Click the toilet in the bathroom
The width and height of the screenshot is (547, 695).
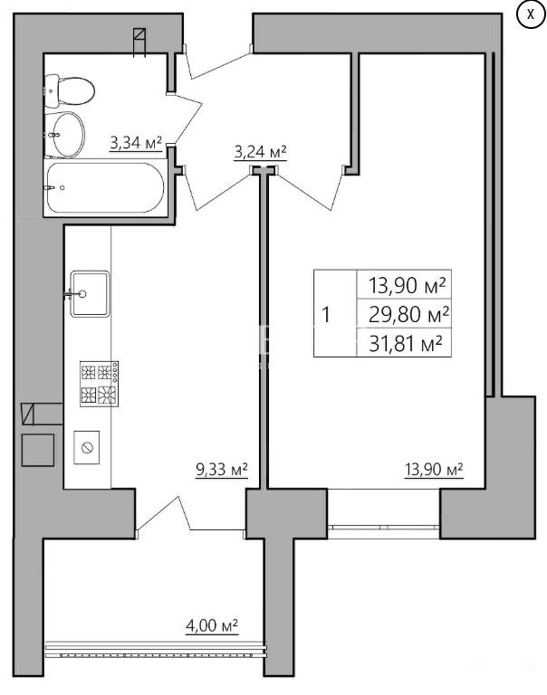pyautogui.click(x=70, y=90)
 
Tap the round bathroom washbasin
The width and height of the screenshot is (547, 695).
pyautogui.click(x=65, y=134)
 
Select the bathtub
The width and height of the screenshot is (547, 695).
pyautogui.click(x=105, y=188)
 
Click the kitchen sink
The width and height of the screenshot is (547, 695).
pyautogui.click(x=90, y=293)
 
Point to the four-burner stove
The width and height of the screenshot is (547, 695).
pyautogui.click(x=99, y=384)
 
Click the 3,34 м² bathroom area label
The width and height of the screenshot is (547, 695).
pyautogui.click(x=136, y=143)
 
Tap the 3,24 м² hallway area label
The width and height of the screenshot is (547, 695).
pyautogui.click(x=260, y=152)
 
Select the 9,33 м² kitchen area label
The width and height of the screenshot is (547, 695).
pyautogui.click(x=221, y=469)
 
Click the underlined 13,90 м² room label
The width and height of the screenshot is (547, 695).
pyautogui.click(x=434, y=469)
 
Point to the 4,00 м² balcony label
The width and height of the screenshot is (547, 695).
pyautogui.click(x=212, y=625)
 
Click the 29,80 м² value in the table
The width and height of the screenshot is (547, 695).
pyautogui.click(x=408, y=314)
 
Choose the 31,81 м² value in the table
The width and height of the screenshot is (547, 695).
pyautogui.click(x=406, y=343)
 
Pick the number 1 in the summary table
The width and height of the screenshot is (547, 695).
pyautogui.click(x=326, y=315)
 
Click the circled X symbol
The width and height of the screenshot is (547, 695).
pyautogui.click(x=530, y=14)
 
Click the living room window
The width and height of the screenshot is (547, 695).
pyautogui.click(x=383, y=528)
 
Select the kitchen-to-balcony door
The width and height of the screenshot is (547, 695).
pyautogui.click(x=190, y=514)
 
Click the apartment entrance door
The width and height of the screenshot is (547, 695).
pyautogui.click(x=218, y=62)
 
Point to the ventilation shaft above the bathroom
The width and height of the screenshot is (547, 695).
pyautogui.click(x=140, y=35)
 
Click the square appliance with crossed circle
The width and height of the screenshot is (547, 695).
pyautogui.click(x=87, y=447)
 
